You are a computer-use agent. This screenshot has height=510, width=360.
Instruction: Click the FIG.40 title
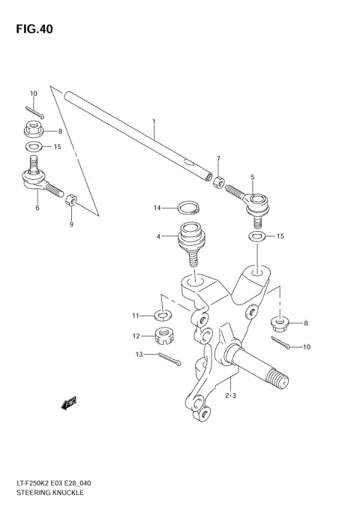(x=32, y=29)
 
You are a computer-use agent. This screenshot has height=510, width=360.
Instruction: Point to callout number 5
(x=253, y=177)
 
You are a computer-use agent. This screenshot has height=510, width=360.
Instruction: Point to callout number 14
(x=158, y=207)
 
